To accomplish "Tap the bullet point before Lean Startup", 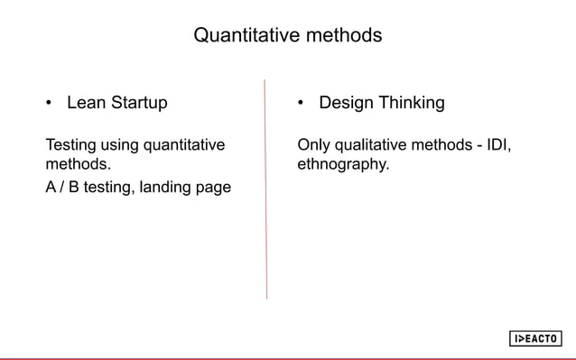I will [x=50, y=103].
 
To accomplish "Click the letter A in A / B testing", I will [x=51, y=188].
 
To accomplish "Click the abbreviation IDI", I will [x=499, y=144].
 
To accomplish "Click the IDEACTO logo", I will [x=535, y=338].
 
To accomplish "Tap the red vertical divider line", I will [x=265, y=189].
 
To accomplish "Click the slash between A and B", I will [x=64, y=188].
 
